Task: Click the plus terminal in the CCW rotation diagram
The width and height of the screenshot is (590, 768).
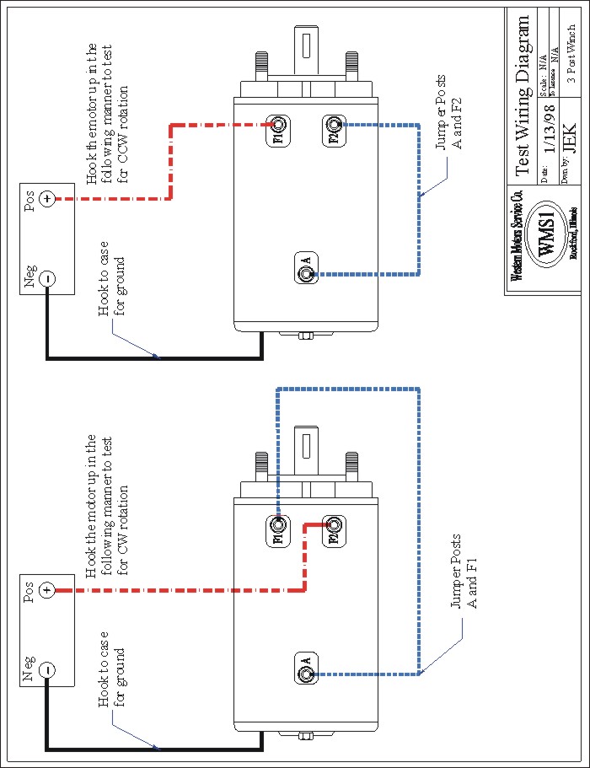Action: (48, 199)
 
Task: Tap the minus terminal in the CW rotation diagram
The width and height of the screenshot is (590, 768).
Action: (48, 669)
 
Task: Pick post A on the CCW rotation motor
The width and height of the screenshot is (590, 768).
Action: (306, 272)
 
